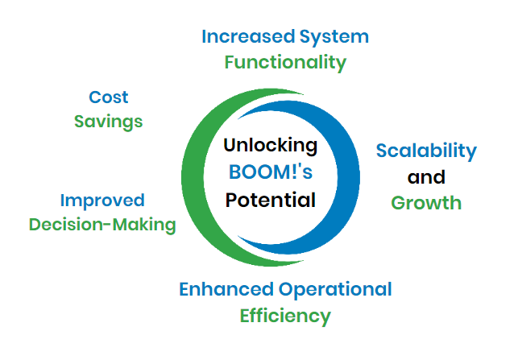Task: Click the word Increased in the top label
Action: pyautogui.click(x=248, y=36)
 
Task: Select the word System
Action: pyautogui.click(x=334, y=37)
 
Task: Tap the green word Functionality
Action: pyautogui.click(x=285, y=63)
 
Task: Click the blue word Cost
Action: pyautogui.click(x=109, y=97)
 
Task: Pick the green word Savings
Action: pyautogui.click(x=109, y=122)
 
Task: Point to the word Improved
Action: pyautogui.click(x=102, y=201)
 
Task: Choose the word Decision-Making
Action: pyautogui.click(x=102, y=225)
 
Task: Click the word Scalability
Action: pyautogui.click(x=426, y=151)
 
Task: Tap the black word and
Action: pyautogui.click(x=426, y=177)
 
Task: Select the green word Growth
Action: pyautogui.click(x=426, y=203)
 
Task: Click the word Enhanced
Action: pyautogui.click(x=226, y=289)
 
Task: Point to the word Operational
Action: pyautogui.click(x=335, y=290)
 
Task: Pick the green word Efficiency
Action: pyautogui.click(x=285, y=316)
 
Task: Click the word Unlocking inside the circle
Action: pyautogui.click(x=271, y=146)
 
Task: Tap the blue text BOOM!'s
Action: pyautogui.click(x=271, y=172)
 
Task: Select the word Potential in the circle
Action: pyautogui.click(x=271, y=201)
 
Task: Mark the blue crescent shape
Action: pyautogui.click(x=349, y=177)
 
